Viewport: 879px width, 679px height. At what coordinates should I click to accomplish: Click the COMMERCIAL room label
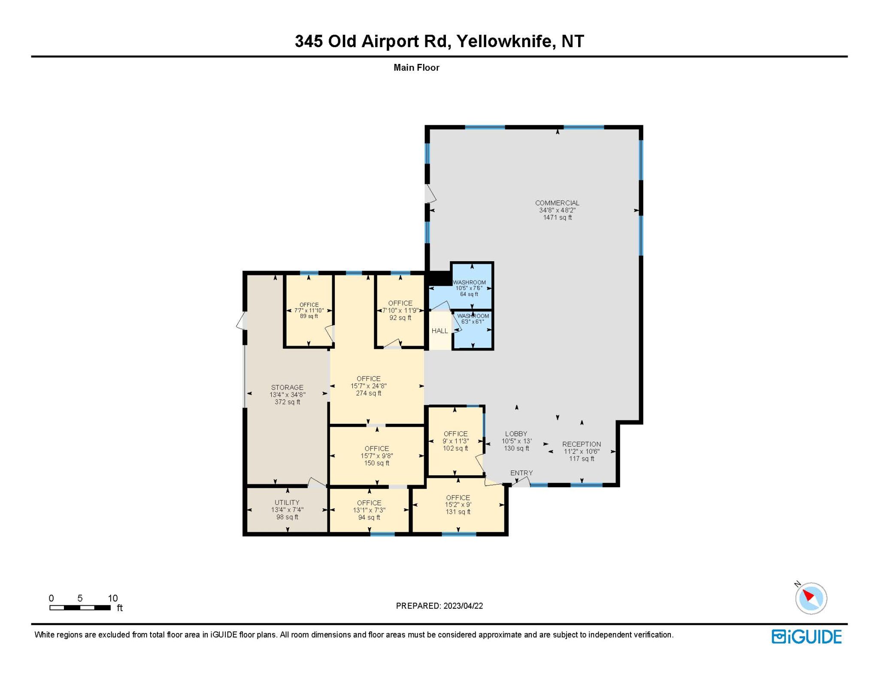click(557, 203)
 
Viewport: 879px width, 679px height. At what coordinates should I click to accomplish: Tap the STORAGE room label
click(287, 387)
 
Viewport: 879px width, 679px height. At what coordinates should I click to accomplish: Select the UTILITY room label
click(287, 502)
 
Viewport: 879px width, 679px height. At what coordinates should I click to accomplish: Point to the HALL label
click(439, 331)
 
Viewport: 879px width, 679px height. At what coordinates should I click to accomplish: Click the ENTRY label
click(521, 473)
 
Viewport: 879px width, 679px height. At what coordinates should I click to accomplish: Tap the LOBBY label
click(516, 434)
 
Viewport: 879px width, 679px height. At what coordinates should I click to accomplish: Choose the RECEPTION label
click(582, 444)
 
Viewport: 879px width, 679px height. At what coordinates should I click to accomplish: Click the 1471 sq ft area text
click(558, 217)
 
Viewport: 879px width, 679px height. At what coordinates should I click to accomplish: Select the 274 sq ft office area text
click(369, 393)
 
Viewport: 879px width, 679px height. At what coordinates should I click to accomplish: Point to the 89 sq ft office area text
click(309, 316)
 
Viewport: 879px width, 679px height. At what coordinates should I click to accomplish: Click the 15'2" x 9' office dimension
click(458, 504)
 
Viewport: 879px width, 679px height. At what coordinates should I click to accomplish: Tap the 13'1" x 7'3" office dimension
click(369, 510)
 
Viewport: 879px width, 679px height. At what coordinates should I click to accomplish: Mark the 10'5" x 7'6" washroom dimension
click(469, 288)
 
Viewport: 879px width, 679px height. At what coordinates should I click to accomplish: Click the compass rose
click(811, 598)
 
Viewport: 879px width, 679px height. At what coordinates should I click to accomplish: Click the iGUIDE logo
click(806, 637)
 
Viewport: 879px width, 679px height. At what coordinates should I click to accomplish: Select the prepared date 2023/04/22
click(463, 606)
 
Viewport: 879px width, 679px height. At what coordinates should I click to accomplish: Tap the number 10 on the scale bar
click(112, 598)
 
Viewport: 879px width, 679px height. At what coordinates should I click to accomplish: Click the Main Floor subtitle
click(416, 67)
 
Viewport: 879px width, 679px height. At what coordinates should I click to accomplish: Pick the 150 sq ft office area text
click(377, 463)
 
